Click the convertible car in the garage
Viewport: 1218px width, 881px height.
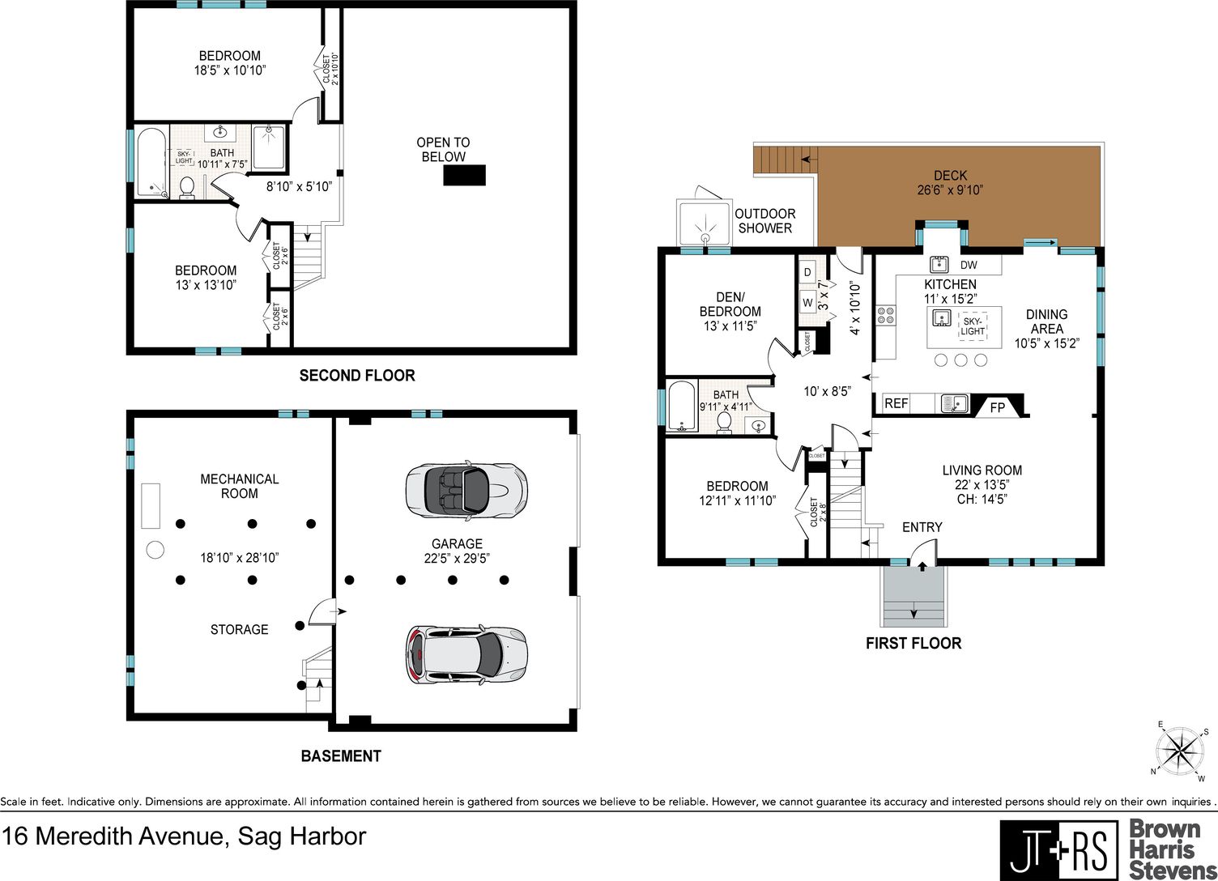(466, 492)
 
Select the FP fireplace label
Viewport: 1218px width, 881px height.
(997, 408)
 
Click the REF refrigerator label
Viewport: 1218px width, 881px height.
(896, 403)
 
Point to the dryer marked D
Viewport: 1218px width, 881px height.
(807, 272)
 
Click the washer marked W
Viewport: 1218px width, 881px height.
(807, 303)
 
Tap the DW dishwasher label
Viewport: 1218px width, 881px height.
(969, 265)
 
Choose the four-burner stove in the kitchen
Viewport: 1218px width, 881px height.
(885, 316)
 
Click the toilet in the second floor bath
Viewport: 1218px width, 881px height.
(186, 188)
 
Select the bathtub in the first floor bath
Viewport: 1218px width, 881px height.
(682, 406)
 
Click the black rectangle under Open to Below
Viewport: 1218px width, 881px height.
(464, 176)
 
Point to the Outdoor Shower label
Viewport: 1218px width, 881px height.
(765, 221)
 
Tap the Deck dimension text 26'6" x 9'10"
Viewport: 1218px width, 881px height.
(950, 190)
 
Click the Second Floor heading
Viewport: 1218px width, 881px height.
(357, 376)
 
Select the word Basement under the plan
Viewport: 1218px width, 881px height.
(341, 756)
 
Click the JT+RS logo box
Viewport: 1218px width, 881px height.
(1058, 849)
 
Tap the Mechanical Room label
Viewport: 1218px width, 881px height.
(239, 486)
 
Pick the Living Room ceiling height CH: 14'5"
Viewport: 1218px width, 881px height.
(982, 500)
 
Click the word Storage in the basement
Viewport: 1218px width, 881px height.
(239, 630)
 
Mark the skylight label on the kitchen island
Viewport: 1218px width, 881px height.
(973, 326)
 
